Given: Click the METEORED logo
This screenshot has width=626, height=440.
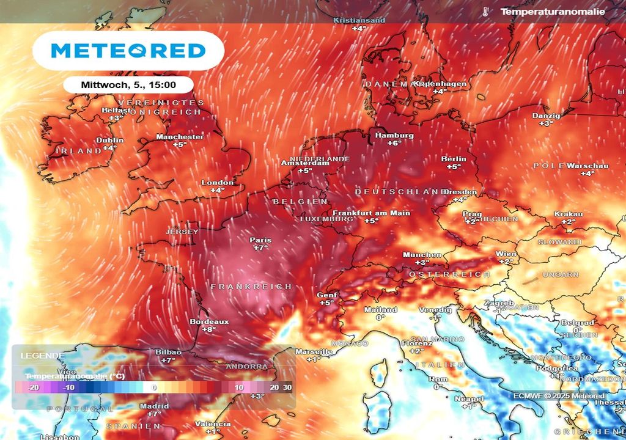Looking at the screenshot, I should point(128,50).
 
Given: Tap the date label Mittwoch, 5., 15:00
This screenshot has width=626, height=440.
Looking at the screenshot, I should point(128,84).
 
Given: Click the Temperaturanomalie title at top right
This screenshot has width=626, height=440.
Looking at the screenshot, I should point(552,12).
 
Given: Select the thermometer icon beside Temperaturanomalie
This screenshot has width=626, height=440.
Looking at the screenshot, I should point(485,12).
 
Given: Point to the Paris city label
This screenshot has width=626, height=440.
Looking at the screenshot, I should point(260,240).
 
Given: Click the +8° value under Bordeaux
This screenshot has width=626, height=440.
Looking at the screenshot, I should point(209,329).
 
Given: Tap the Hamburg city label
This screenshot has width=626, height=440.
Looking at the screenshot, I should point(394,135).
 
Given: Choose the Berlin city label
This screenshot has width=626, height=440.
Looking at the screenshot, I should point(454,159).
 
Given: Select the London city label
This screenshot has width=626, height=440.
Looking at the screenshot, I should point(218,182).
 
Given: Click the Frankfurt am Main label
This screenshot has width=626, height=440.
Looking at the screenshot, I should point(371,213).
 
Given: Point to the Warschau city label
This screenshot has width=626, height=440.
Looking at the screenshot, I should point(587,166).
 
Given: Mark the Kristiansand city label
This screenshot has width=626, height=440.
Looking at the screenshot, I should point(359,20).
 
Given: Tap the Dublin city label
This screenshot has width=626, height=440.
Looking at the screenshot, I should point(110,140).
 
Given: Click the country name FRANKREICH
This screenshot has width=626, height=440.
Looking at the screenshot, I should point(251,287).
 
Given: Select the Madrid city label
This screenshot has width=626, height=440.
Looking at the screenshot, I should point(154,406).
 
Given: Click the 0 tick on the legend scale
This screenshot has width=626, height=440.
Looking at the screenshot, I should point(154,387).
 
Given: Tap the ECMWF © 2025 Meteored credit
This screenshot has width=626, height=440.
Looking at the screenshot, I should point(559,395).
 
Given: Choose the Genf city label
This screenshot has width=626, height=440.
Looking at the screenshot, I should point(326,295).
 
